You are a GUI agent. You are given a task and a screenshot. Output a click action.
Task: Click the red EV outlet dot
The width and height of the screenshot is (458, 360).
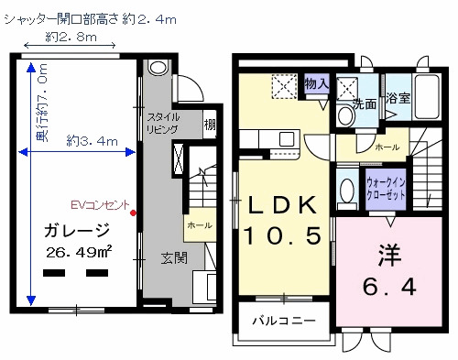(134, 213)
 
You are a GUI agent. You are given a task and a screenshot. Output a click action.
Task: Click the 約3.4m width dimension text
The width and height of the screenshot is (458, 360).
(93, 141)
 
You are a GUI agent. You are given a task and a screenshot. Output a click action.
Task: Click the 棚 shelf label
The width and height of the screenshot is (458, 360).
(210, 125)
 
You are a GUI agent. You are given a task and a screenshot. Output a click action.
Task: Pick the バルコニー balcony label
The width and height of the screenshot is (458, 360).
(284, 322)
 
